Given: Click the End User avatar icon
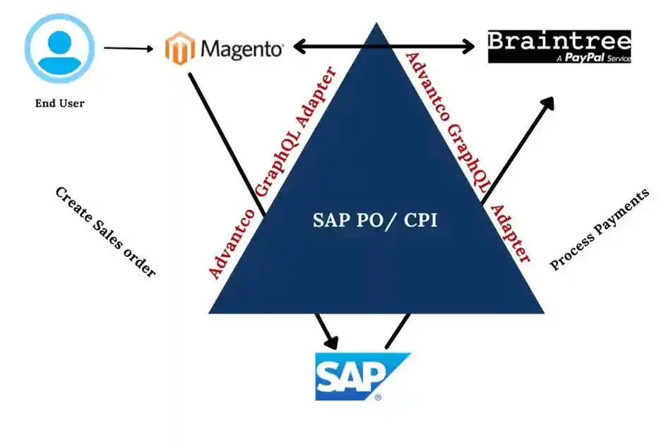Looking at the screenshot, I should [59, 48].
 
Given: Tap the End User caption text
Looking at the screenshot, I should [59, 104].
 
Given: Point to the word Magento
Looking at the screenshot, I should [242, 49].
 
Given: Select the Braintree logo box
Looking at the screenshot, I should [559, 46].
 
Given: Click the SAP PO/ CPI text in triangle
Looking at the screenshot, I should [375, 220].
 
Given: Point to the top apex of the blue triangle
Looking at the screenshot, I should [376, 27].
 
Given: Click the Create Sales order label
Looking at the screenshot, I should [105, 232].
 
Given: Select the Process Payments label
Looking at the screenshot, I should [599, 230].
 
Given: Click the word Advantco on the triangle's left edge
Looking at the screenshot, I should [228, 243].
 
